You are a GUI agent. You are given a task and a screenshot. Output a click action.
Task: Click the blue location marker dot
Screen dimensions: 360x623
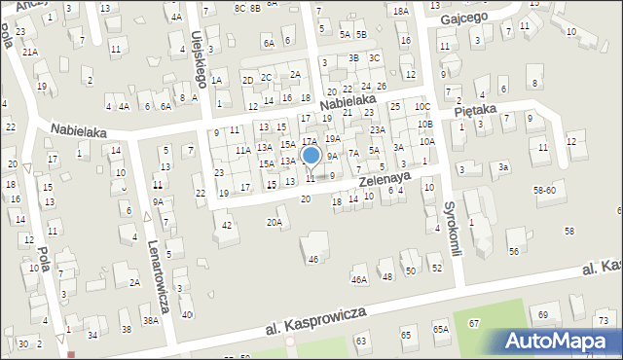pyautogui.click(x=311, y=155)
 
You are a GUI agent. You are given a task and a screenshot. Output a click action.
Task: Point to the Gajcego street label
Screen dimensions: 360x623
pyautogui.click(x=462, y=18)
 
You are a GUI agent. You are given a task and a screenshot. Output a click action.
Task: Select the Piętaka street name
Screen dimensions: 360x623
pyautogui.click(x=476, y=114)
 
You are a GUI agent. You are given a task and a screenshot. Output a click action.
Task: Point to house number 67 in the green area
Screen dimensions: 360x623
pyautogui.click(x=474, y=322)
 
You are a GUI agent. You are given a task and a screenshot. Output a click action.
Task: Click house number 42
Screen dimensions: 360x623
pyautogui.click(x=227, y=226)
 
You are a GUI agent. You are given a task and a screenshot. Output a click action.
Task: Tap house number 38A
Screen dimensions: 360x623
pyautogui.click(x=151, y=320)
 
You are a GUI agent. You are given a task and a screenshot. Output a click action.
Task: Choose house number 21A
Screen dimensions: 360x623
pyautogui.click(x=30, y=52)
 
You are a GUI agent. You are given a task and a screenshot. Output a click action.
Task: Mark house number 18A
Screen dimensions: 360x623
pyautogui.click(x=401, y=11)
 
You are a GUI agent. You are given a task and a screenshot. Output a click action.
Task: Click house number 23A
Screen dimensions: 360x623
pyautogui.click(x=378, y=129)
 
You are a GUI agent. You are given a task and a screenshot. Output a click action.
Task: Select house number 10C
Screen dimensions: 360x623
pyautogui.click(x=421, y=106)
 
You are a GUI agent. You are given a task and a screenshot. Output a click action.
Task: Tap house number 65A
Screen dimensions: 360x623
pyautogui.click(x=441, y=330)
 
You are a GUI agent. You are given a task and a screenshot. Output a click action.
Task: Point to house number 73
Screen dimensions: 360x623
pyautogui.click(x=604, y=320)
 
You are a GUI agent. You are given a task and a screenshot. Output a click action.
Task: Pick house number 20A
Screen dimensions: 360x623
pyautogui.click(x=275, y=222)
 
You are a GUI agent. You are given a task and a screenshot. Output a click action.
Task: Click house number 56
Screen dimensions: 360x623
pyautogui.click(x=513, y=251)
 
